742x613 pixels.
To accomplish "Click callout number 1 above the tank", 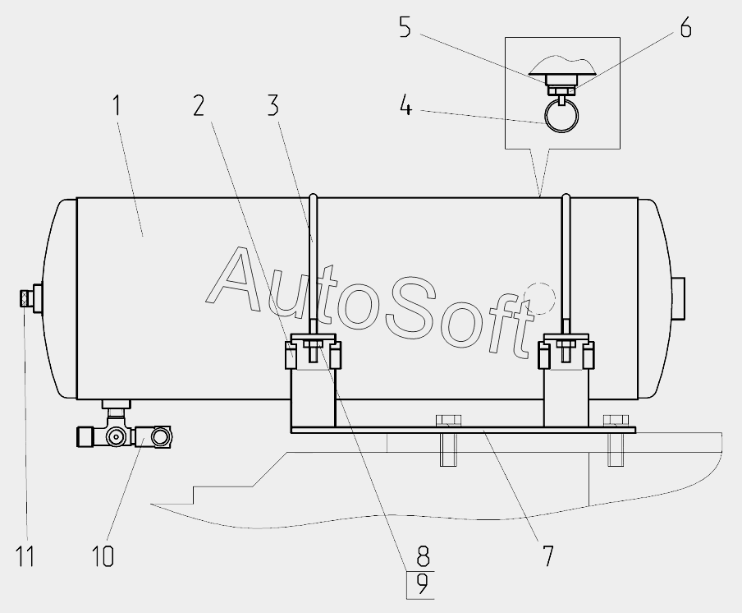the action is (x=117, y=106).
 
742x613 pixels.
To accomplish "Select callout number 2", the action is (x=199, y=105).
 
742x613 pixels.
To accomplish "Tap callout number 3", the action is (x=273, y=105).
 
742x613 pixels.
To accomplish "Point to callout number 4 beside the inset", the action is (x=406, y=105).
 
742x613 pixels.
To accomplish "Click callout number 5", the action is (x=405, y=27).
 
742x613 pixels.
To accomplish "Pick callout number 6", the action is (x=685, y=27).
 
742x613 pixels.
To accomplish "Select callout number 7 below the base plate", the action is (x=547, y=555).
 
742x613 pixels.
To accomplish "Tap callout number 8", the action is (x=423, y=555).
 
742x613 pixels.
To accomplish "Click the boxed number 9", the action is (x=421, y=586).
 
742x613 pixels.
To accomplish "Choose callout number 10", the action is (x=103, y=555).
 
